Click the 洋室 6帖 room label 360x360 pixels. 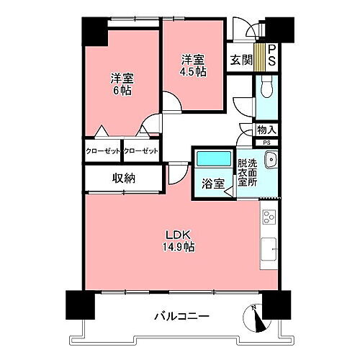(x=121, y=84)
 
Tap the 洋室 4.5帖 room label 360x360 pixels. (x=193, y=66)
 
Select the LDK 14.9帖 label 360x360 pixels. (x=180, y=240)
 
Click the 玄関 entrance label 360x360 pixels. (x=241, y=60)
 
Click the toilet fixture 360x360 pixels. (x=266, y=90)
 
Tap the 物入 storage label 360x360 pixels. (x=266, y=130)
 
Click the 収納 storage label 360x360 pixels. (x=123, y=179)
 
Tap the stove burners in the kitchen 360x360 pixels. (x=269, y=217)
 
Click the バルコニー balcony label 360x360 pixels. (x=181, y=315)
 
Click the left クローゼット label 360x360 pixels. (x=103, y=150)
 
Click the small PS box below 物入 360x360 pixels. (x=266, y=143)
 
